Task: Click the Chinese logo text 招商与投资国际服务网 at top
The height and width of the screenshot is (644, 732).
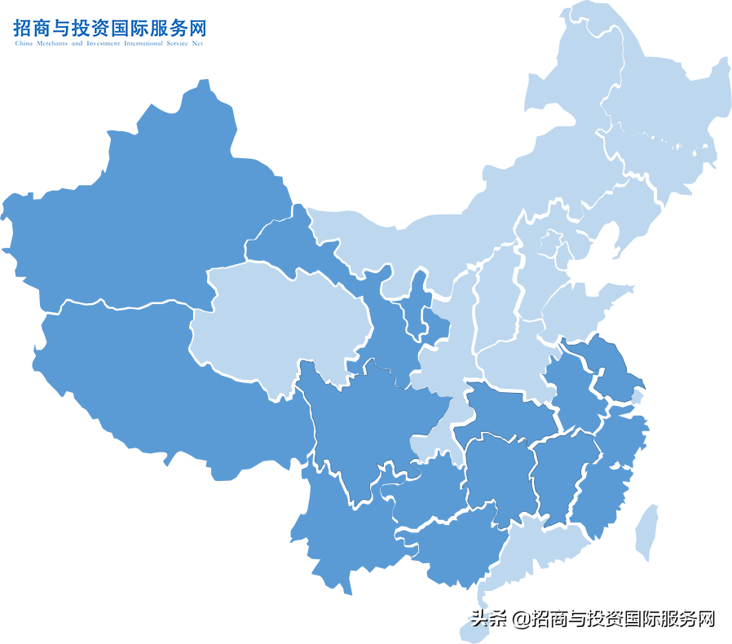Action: (x=110, y=28)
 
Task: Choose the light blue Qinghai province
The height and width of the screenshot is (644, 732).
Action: (x=277, y=326)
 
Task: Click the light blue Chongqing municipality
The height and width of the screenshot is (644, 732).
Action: (x=432, y=436)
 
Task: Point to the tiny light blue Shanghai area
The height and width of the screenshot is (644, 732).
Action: (x=637, y=398)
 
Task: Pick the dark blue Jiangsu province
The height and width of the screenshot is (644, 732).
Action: (x=607, y=367)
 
